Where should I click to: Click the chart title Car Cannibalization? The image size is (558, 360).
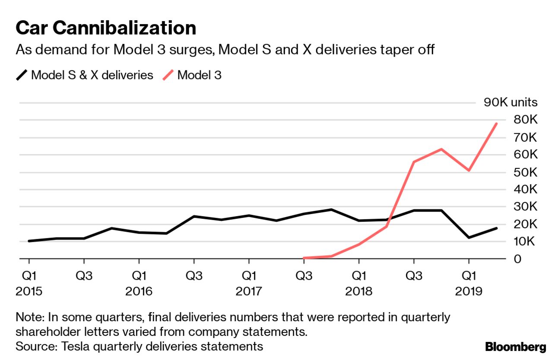[106, 28]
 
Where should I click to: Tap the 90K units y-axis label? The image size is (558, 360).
[510, 102]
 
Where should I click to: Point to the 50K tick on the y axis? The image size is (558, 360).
[525, 172]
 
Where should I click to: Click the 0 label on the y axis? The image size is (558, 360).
[517, 259]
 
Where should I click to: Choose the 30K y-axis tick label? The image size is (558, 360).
[525, 207]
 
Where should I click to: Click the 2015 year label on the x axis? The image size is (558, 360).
[29, 291]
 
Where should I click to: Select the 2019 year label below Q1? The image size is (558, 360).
[469, 291]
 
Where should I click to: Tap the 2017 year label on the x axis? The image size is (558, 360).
[249, 291]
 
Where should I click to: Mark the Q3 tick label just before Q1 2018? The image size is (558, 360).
[304, 275]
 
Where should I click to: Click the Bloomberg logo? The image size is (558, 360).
[516, 347]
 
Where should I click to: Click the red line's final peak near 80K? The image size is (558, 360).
[496, 123]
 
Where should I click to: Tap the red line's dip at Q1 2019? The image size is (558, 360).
[469, 171]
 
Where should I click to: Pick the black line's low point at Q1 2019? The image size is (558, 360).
[469, 237]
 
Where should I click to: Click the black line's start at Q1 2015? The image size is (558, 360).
[29, 241]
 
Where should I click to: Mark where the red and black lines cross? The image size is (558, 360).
[389, 223]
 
